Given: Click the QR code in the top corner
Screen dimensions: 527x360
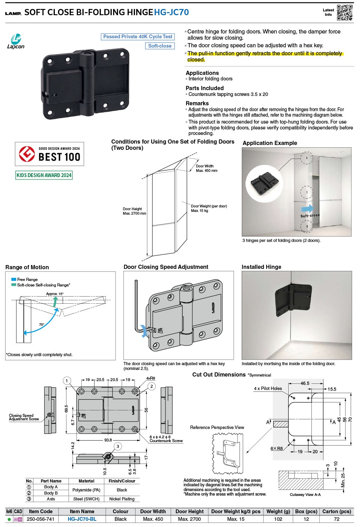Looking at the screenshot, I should click(344, 12).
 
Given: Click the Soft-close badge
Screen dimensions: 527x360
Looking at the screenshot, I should click(160, 46).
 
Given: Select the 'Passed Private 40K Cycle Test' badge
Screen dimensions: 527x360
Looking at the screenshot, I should click(138, 37).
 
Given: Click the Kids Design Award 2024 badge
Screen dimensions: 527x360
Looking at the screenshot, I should click(44, 175).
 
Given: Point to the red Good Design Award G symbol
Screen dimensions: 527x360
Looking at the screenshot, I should click(27, 154).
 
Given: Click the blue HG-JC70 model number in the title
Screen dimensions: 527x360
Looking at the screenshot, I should click(171, 12).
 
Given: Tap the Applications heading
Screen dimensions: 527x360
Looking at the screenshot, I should click(202, 73).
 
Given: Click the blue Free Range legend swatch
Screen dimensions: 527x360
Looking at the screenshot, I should click(14, 279).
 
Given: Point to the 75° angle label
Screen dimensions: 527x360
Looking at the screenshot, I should click(41, 324).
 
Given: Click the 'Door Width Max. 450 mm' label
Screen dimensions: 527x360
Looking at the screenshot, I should click(207, 168).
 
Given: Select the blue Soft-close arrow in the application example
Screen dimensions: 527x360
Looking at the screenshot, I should click(307, 209).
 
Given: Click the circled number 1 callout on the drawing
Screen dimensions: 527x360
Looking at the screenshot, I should click(67, 381).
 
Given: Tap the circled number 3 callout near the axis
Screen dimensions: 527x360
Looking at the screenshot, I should click(118, 446).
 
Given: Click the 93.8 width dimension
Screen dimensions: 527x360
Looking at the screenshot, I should click(108, 440).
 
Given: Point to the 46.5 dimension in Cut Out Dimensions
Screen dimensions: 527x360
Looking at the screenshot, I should click(305, 383).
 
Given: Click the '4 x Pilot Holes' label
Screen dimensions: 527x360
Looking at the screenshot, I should click(268, 388).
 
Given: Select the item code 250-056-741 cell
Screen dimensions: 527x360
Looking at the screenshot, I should click(41, 519).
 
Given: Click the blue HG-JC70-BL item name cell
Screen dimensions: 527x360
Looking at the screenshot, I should click(82, 519).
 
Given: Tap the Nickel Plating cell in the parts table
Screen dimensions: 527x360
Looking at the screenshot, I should click(122, 499).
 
